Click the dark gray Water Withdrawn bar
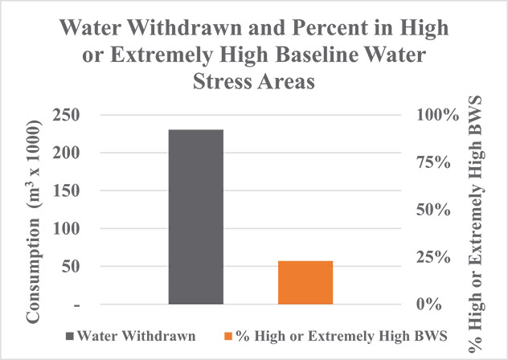(x=196, y=217)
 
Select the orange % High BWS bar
(x=305, y=283)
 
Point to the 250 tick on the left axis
(x=70, y=116)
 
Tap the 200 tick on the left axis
(x=70, y=153)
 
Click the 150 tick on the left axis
(x=70, y=191)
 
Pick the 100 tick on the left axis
(x=70, y=229)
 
